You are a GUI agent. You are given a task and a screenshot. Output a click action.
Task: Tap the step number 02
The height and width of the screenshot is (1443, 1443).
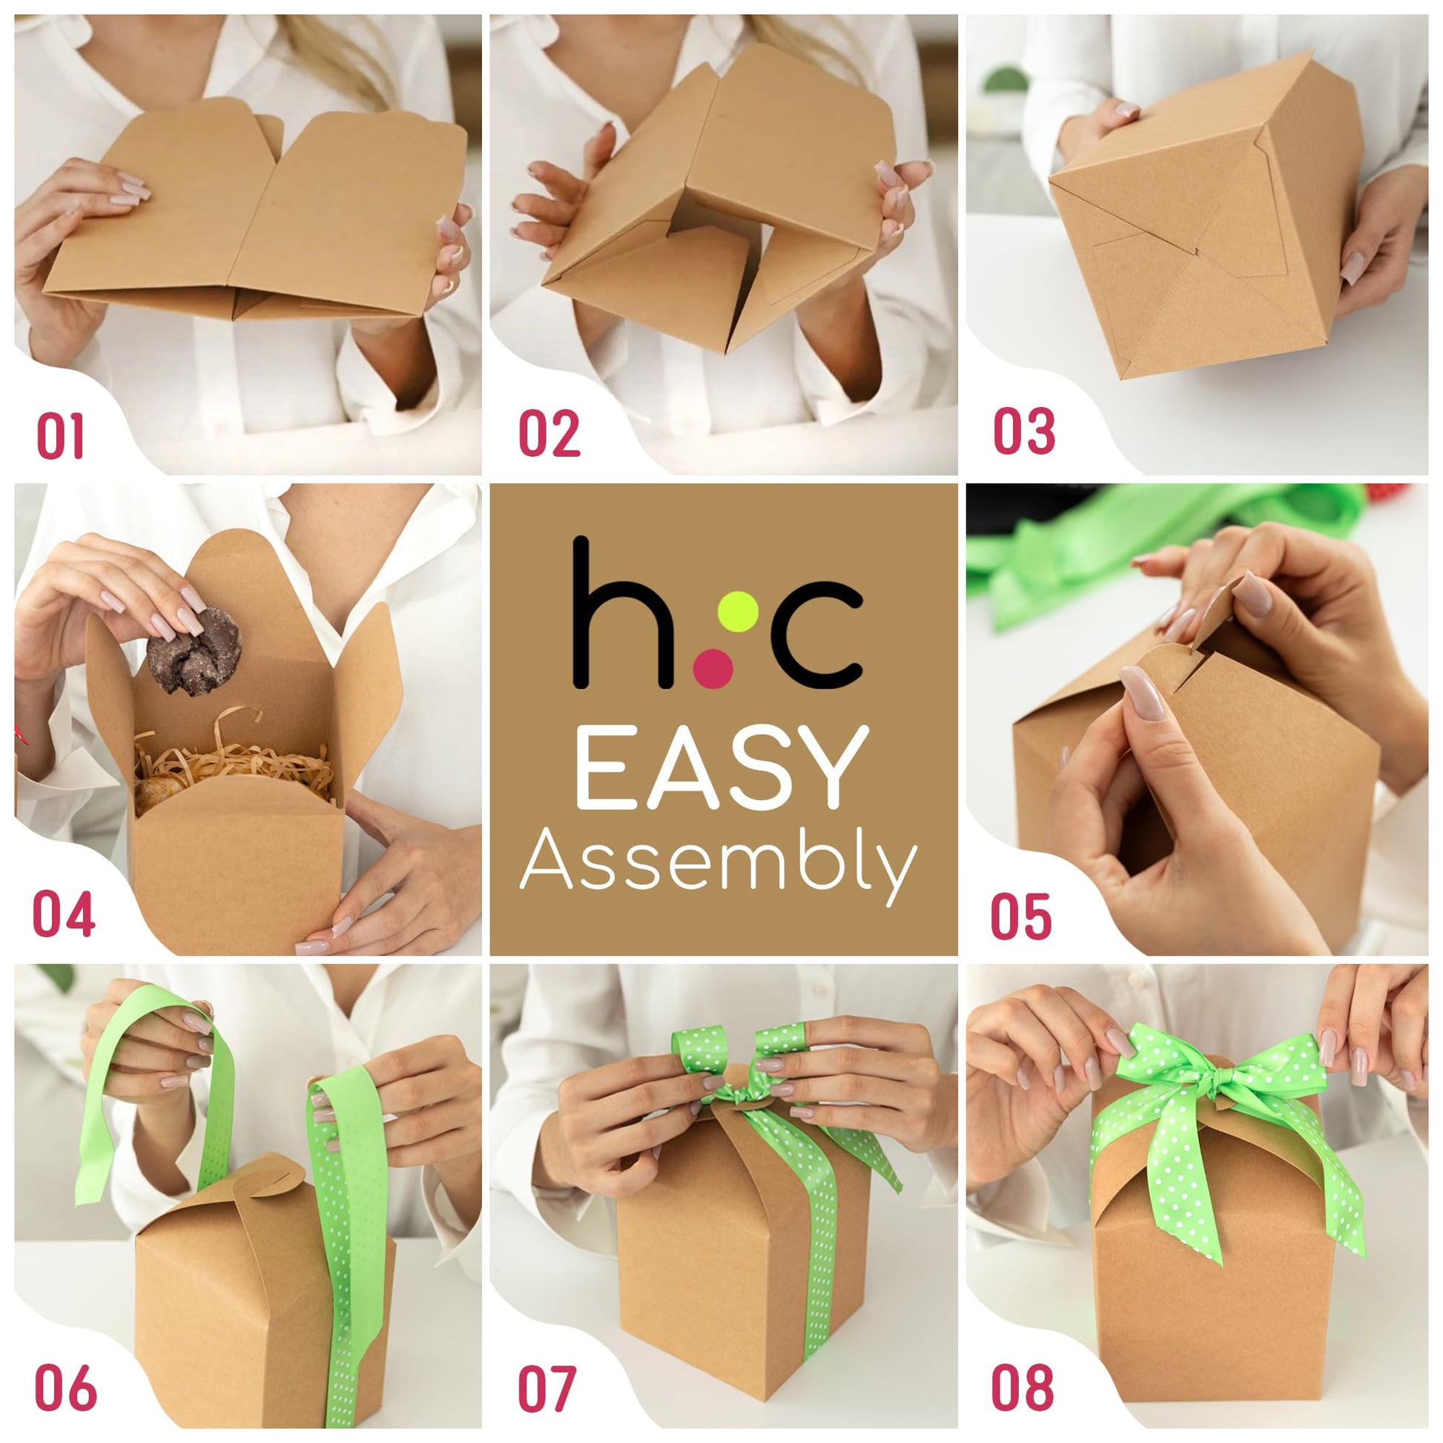tap(549, 433)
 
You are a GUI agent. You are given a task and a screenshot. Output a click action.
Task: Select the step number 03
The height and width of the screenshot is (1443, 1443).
tap(1024, 431)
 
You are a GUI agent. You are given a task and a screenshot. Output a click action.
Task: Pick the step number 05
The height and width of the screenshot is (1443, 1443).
tap(1021, 916)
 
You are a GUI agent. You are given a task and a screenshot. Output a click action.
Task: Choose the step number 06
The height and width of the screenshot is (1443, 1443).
tap(66, 1387)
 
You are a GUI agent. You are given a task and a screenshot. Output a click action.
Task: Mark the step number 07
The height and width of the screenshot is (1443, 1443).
tap(547, 1387)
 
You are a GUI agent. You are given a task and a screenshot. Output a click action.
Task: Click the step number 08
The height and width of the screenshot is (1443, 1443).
tap(1023, 1387)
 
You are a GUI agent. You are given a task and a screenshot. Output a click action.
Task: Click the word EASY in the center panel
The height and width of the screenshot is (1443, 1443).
tap(722, 768)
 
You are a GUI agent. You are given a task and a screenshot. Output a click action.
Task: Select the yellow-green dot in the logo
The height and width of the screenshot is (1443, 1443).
tap(741, 609)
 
